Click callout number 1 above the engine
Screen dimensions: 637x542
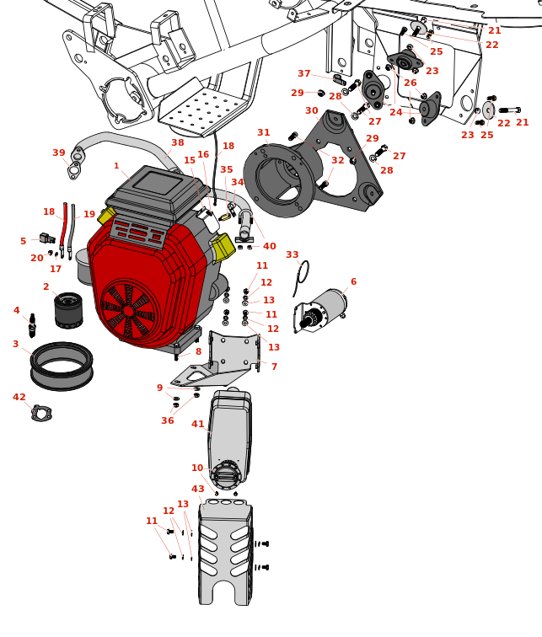point(116,166)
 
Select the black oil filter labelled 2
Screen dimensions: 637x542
point(68,310)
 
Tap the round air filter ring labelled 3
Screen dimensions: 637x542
point(62,365)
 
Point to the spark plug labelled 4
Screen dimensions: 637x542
point(32,324)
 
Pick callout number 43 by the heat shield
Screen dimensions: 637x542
point(198,489)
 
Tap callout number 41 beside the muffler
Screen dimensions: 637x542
point(198,424)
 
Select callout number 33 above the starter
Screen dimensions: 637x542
point(292,254)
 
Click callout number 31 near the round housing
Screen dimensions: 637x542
point(264,133)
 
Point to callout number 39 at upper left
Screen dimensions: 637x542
point(58,153)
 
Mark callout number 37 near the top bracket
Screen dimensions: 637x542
point(304,74)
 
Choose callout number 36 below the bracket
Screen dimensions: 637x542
point(168,420)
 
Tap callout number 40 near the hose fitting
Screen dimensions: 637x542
point(270,246)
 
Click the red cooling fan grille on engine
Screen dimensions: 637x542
point(128,311)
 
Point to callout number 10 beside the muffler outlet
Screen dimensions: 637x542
point(197,468)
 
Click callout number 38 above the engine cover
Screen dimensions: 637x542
point(178,142)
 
